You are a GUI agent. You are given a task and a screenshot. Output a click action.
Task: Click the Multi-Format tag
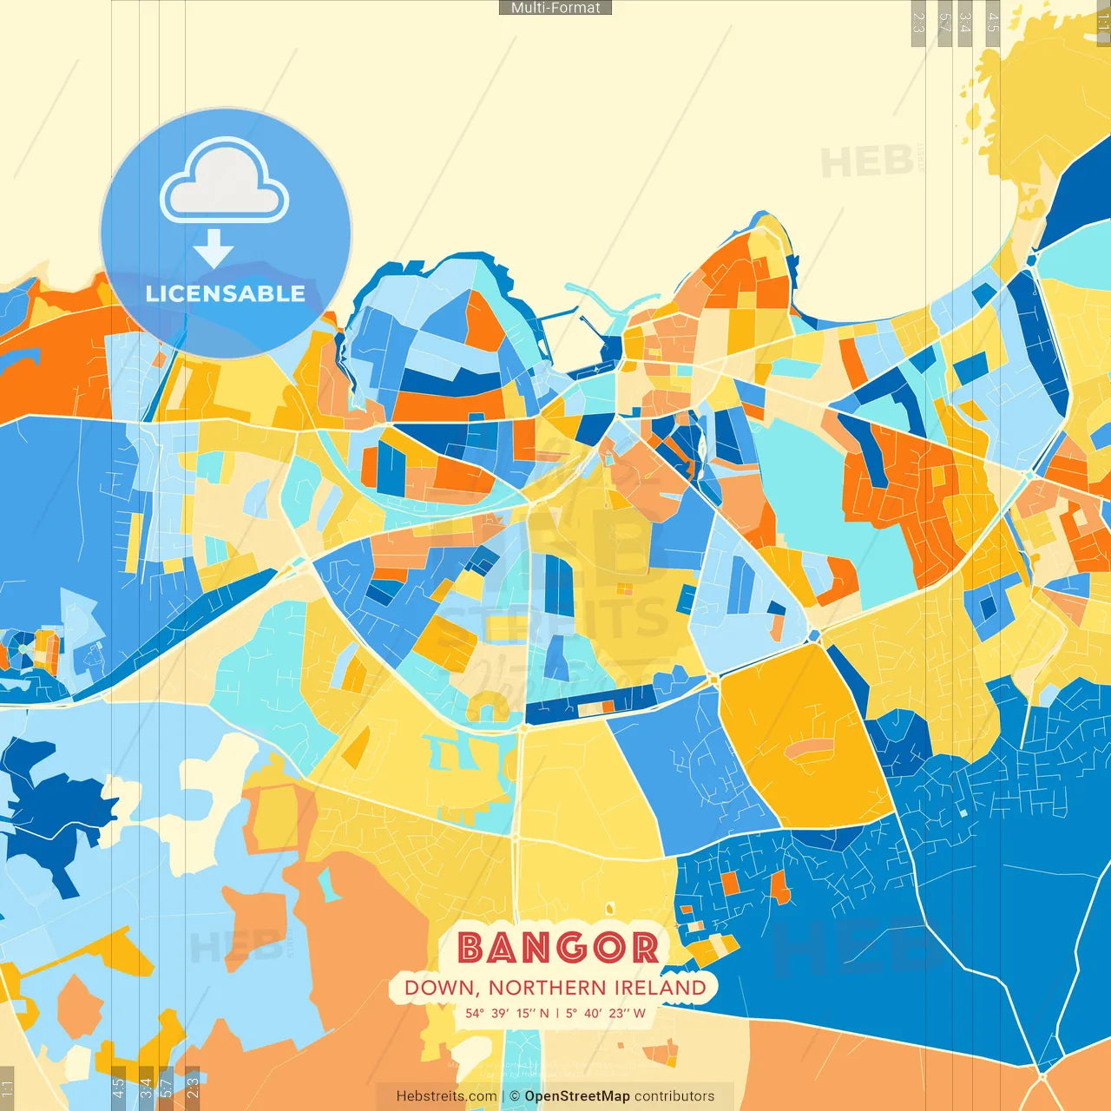tap(555, 8)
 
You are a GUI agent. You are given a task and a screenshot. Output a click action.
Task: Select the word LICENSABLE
tap(226, 293)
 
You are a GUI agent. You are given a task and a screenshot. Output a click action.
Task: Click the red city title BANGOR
tap(557, 948)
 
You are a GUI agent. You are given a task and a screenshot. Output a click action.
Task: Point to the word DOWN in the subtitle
tap(440, 988)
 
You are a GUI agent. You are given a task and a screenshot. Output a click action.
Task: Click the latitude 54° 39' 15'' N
tap(507, 1013)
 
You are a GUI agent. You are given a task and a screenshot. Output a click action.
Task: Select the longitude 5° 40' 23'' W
tap(606, 1013)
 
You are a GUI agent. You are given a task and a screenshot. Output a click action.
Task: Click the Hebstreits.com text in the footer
tap(446, 1096)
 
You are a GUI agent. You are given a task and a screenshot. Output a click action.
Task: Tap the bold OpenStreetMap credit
tap(577, 1096)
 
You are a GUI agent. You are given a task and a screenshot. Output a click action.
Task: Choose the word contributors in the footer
tap(674, 1096)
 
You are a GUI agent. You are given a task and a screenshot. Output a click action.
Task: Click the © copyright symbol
tap(515, 1096)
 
